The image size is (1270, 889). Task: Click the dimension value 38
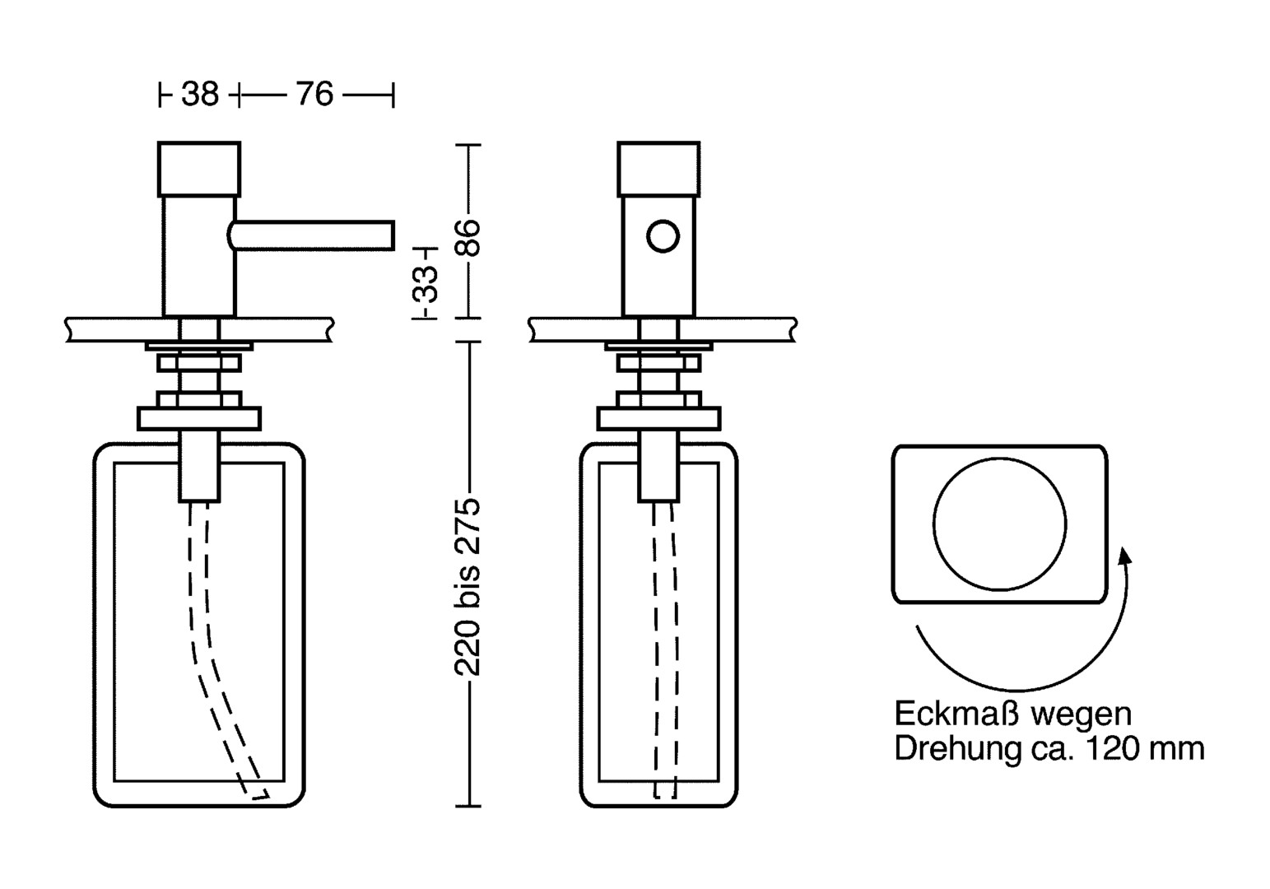click(x=200, y=94)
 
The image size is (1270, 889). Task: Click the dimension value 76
click(x=314, y=94)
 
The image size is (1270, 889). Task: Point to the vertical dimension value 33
click(x=426, y=284)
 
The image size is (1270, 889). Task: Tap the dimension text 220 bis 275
click(x=468, y=588)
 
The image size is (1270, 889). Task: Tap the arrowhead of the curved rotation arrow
click(x=1124, y=557)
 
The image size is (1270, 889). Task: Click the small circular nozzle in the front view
click(x=663, y=236)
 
